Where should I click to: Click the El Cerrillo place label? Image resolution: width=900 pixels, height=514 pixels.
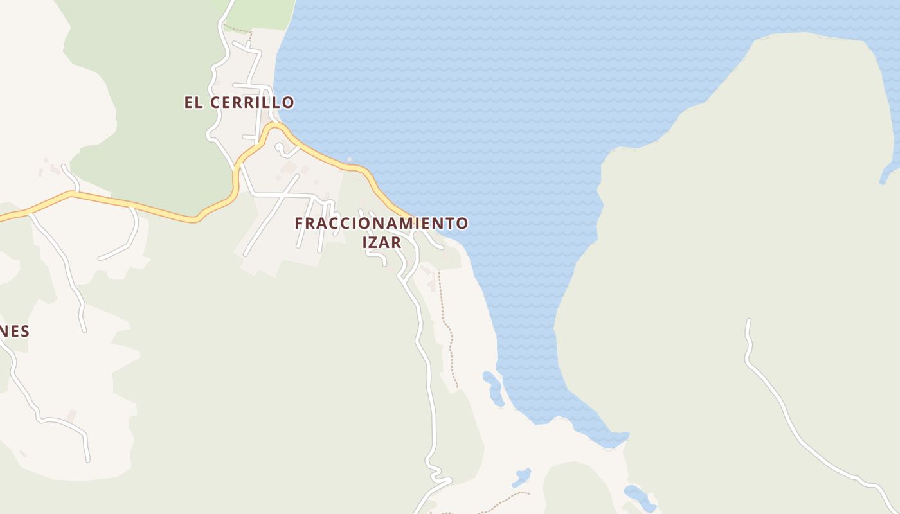coord(239,102)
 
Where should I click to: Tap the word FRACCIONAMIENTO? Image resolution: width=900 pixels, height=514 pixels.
coord(381,224)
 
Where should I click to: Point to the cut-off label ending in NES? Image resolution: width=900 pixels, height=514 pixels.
coord(14,331)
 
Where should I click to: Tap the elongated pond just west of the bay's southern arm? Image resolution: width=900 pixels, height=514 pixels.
coord(493,387)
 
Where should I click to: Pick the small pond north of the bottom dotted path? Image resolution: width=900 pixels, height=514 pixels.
coord(521,477)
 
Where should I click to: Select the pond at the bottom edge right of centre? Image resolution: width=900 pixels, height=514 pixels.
coord(638,497)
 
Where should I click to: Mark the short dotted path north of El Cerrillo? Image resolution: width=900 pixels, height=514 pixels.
coord(238,29)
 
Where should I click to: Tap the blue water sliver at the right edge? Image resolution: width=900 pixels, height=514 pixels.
coord(890,170)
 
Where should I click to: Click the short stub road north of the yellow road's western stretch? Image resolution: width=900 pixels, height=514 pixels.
coord(69,176)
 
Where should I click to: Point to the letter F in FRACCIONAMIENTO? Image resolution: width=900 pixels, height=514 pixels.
coord(299,224)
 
